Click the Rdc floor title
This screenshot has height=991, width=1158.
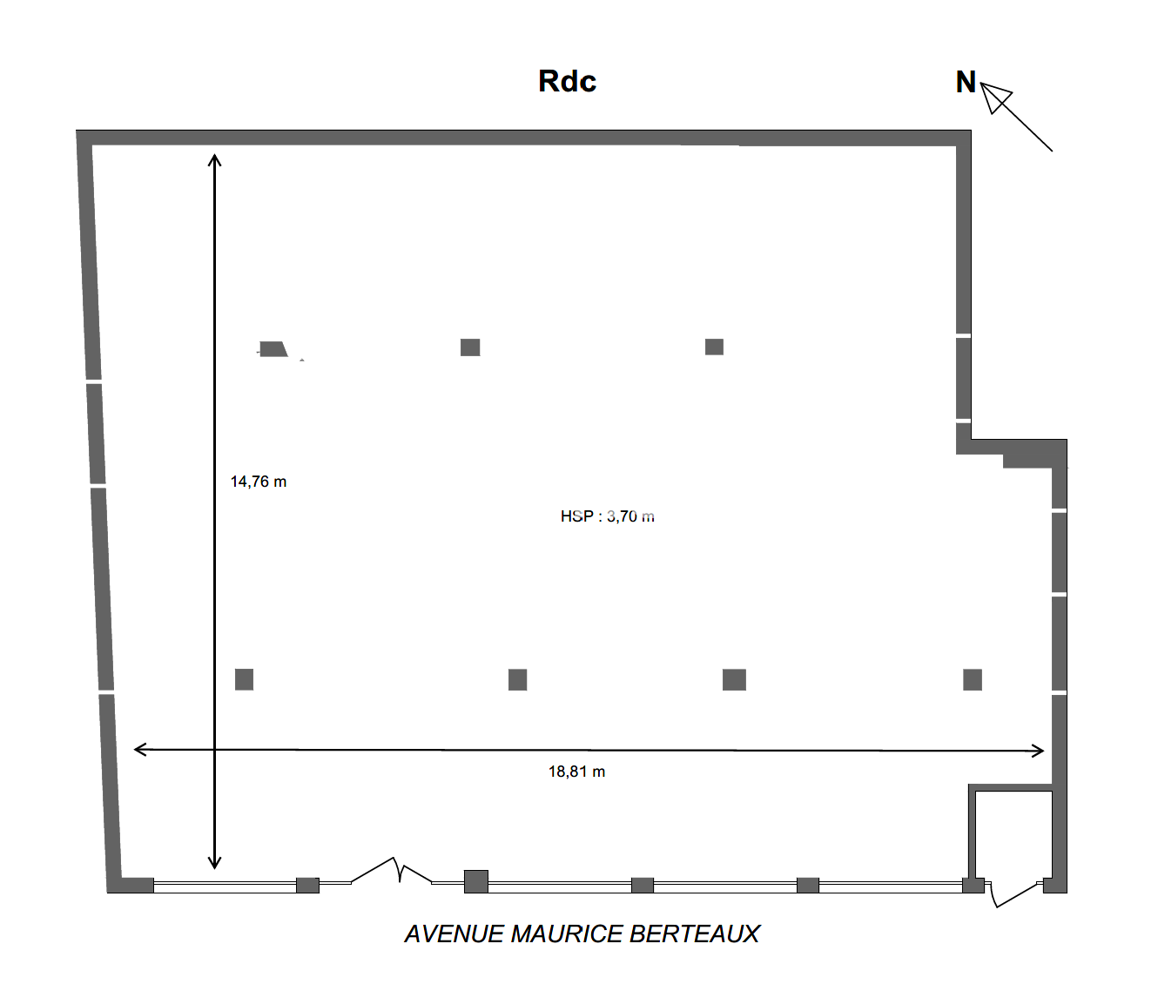[567, 81]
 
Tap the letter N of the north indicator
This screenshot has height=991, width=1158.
[966, 83]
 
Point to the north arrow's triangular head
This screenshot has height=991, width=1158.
[995, 98]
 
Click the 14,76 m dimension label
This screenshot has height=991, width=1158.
[259, 482]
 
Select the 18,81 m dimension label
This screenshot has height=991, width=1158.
[576, 772]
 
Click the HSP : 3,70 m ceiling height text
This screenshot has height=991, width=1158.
[607, 516]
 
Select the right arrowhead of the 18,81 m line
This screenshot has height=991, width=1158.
[1038, 752]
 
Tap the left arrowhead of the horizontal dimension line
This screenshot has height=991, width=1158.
[140, 750]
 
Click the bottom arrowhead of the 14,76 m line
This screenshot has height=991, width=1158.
[214, 863]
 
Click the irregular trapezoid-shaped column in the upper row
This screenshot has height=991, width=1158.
[273, 349]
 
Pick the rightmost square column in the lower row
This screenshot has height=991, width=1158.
[973, 679]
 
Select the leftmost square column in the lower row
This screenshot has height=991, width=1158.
[245, 679]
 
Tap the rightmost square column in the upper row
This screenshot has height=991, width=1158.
[714, 347]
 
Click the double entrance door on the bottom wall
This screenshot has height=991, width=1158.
[392, 871]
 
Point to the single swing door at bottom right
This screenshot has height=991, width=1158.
[1014, 894]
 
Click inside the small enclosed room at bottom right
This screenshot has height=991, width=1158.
[1014, 835]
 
